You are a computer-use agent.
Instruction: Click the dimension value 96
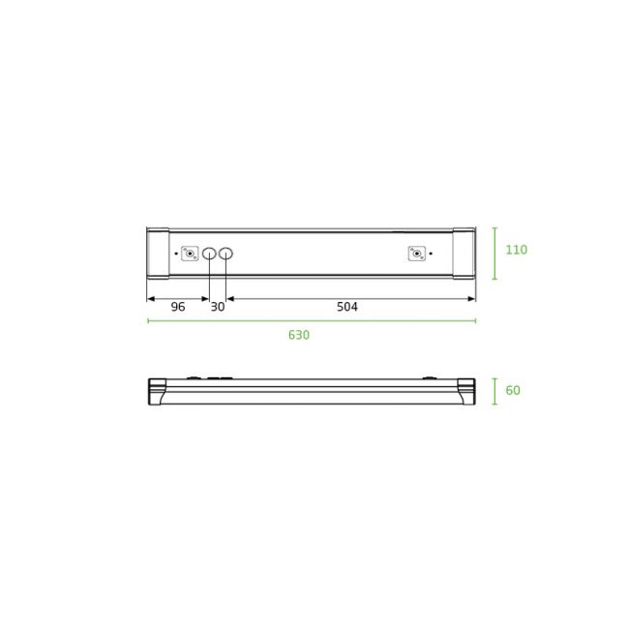point(178,307)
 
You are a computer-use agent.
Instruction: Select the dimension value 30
point(218,307)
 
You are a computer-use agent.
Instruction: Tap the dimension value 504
point(347,307)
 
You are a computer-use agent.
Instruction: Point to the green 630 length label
point(299,335)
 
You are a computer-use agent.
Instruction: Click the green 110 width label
point(517,250)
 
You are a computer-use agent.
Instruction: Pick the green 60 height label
point(513,390)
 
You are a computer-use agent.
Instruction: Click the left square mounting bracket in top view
point(190,254)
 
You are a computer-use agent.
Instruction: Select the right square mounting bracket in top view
point(417,254)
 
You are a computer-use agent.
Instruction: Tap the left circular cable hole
point(209,254)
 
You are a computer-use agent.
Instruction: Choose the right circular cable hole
point(225,254)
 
